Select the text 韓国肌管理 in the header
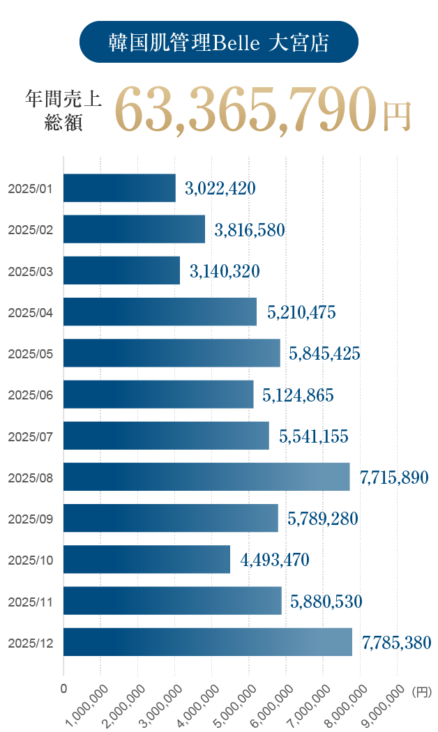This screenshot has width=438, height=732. [x=160, y=43]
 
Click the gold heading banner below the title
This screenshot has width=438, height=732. [x=269, y=112]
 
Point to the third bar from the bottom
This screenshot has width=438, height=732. [x=153, y=559]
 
